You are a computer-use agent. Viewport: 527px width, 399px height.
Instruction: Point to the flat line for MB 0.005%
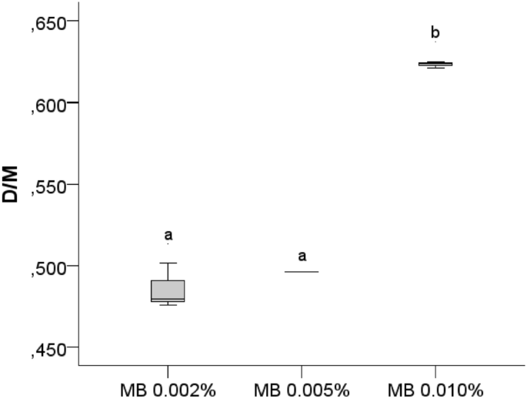pyautogui.click(x=302, y=271)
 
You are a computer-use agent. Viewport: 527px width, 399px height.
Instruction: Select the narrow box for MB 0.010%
pyautogui.click(x=435, y=64)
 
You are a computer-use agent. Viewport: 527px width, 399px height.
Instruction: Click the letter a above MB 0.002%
pyautogui.click(x=168, y=235)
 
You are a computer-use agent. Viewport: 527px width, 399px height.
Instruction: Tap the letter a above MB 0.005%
pyautogui.click(x=302, y=256)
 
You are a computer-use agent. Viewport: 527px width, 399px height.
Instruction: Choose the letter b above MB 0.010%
pyautogui.click(x=435, y=32)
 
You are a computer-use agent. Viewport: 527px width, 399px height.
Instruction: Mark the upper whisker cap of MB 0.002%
pyautogui.click(x=168, y=263)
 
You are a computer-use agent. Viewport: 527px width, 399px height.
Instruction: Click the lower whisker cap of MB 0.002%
pyautogui.click(x=168, y=305)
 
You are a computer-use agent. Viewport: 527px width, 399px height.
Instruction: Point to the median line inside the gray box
pyautogui.click(x=168, y=299)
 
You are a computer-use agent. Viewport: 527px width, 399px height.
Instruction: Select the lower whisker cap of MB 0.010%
pyautogui.click(x=435, y=68)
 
